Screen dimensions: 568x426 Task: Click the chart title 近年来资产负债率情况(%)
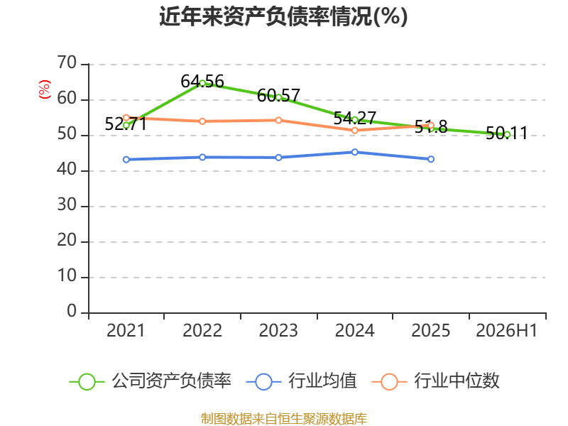coord(283,16)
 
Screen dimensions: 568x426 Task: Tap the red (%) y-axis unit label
coord(44,89)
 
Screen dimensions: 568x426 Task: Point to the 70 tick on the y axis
coord(67,63)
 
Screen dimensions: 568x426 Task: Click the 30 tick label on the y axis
coord(67,205)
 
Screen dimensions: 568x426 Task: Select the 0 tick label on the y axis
coord(72,312)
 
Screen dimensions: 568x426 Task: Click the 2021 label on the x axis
coord(126,330)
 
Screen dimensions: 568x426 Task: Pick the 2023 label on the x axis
coord(278,330)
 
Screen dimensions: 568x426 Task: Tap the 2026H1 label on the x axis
coord(506,330)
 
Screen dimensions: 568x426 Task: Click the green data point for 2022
coord(202,83)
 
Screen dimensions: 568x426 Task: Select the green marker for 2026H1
coord(507,135)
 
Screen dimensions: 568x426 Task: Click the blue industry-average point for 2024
coord(354,152)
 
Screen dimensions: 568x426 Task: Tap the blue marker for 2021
coord(126,159)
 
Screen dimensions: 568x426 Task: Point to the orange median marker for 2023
coord(278,120)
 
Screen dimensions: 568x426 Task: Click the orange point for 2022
coord(202,121)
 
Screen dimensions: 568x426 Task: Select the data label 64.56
coord(202,82)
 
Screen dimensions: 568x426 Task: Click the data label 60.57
coord(278,96)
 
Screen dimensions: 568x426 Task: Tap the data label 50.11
coord(506,133)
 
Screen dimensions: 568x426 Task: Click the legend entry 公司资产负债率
coord(150,381)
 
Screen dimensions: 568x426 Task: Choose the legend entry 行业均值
coord(301,381)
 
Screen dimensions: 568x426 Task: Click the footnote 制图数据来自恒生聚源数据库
coord(284,418)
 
